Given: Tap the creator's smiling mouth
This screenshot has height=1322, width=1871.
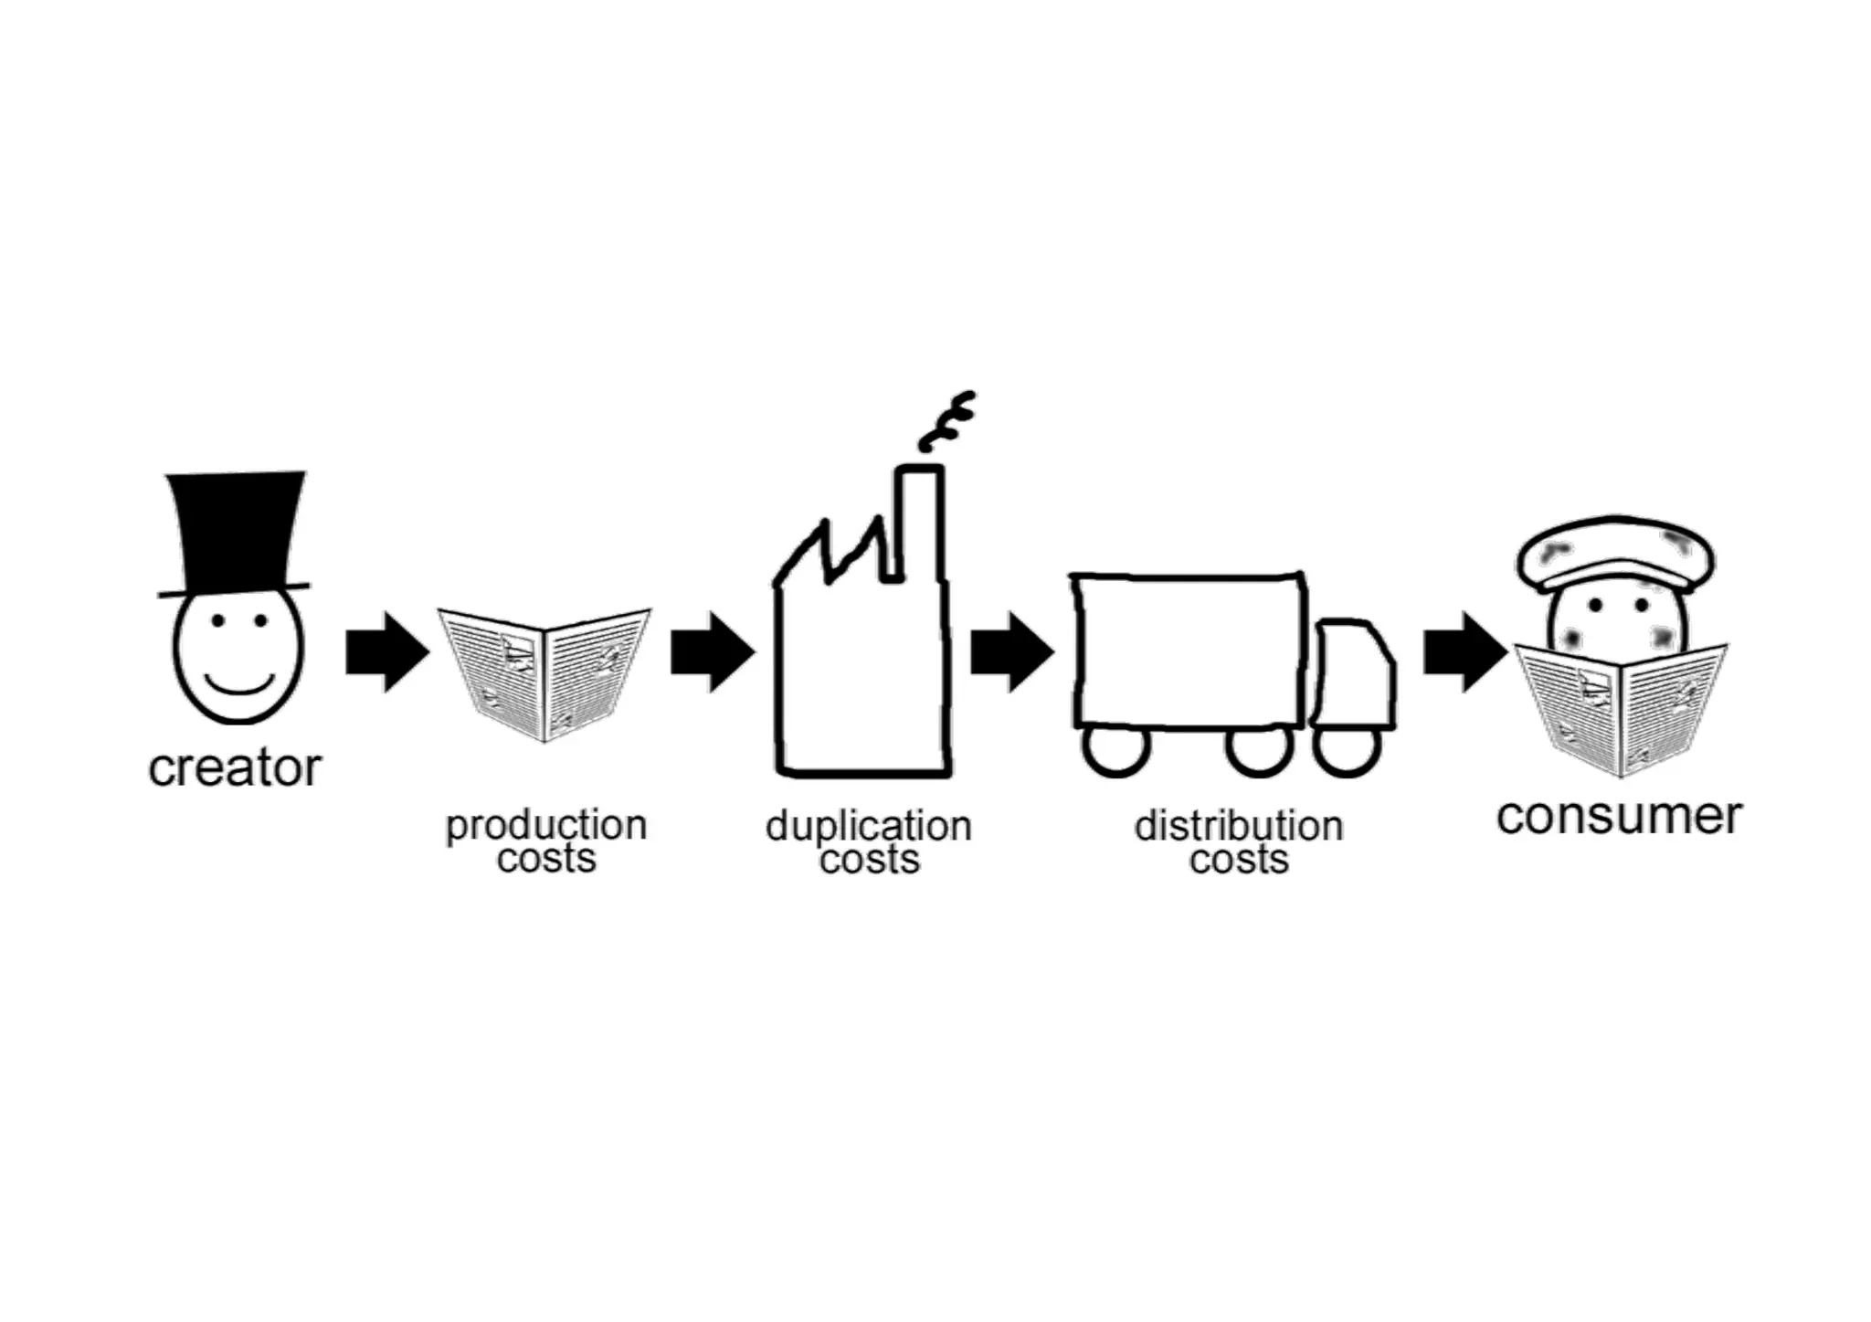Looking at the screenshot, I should click(x=239, y=685).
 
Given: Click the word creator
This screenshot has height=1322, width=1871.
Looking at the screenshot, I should click(x=235, y=767).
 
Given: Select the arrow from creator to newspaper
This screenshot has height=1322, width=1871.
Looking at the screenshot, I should click(x=386, y=651).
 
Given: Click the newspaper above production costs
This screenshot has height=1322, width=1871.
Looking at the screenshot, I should click(x=544, y=672).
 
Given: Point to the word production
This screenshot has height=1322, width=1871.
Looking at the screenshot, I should click(x=546, y=825).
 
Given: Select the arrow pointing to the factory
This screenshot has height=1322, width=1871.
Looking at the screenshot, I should click(x=712, y=651).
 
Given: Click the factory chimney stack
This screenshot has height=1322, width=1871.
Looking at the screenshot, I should click(x=918, y=521).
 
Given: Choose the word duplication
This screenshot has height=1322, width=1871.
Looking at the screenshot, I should click(x=868, y=826).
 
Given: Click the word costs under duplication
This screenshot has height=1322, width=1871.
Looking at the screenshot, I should click(x=869, y=860).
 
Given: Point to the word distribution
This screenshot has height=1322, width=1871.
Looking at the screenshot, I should click(x=1238, y=826).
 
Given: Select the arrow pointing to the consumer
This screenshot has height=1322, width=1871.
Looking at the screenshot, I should click(x=1464, y=651).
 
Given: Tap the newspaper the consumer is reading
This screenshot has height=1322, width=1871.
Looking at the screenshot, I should click(x=1621, y=708).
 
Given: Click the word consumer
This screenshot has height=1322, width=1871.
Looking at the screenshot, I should click(x=1619, y=816).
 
